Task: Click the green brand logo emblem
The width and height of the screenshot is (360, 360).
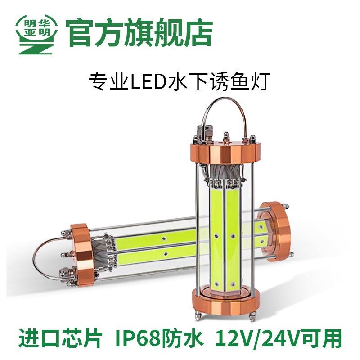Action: coord(36,34)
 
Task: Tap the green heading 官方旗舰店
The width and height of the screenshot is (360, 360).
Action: coord(139,33)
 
